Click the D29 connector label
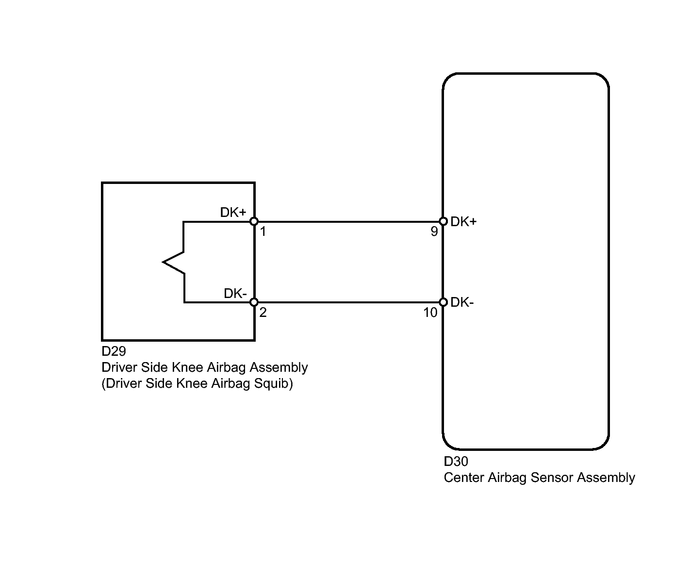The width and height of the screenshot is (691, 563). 114,351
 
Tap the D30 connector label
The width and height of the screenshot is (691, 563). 456,462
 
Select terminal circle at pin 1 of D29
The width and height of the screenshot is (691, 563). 254,222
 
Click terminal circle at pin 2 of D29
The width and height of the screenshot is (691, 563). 254,302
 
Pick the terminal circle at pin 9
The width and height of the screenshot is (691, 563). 443,222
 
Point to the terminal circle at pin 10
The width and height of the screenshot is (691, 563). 443,302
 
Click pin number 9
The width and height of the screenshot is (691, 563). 434,232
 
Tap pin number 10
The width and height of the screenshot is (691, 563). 430,313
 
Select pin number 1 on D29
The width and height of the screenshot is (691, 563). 263,232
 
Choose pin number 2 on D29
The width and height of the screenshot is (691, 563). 263,312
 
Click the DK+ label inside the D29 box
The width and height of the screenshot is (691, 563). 233,213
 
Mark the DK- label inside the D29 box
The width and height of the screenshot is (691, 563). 235,293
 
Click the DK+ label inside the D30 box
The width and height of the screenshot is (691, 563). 463,222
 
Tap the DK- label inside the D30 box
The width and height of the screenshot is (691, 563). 462,302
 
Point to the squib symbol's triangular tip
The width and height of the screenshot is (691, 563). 163,262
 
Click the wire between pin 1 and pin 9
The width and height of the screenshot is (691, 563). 348,222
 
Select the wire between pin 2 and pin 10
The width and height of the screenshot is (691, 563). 348,302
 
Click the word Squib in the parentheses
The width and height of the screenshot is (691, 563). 271,383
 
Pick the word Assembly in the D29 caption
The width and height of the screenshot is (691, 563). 279,368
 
